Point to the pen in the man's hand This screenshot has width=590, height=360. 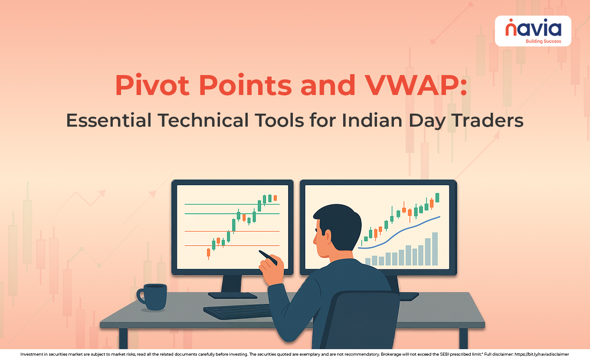coord(268,257)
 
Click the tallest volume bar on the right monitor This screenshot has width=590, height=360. coord(435,249)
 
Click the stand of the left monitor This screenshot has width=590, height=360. coord(232,286)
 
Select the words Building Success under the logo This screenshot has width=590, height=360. coord(543,41)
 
